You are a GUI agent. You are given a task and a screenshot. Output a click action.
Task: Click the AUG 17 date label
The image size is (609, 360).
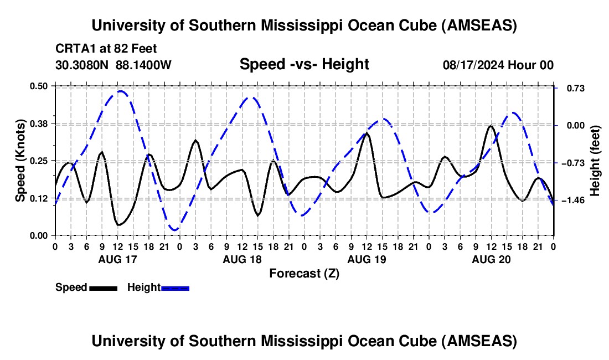pyautogui.click(x=117, y=259)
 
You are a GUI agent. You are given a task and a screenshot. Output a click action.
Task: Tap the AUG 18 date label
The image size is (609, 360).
pyautogui.click(x=241, y=259)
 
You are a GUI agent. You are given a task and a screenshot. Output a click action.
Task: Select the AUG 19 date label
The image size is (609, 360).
pyautogui.click(x=366, y=259)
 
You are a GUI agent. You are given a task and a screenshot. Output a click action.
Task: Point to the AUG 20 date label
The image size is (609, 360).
pyautogui.click(x=491, y=259)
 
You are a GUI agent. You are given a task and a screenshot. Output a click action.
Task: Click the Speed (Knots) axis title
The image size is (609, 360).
pyautogui.click(x=20, y=161)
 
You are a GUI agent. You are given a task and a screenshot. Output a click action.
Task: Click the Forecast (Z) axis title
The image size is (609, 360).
pyautogui.click(x=304, y=273)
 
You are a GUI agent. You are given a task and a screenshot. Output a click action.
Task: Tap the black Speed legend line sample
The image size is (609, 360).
pyautogui.click(x=103, y=288)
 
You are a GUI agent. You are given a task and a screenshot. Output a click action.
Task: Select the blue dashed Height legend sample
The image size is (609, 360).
pyautogui.click(x=175, y=288)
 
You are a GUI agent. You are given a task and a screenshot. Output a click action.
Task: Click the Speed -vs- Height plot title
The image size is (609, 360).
pyautogui.click(x=304, y=64)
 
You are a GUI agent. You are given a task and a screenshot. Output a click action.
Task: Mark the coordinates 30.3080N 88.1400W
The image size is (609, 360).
pyautogui.click(x=113, y=65)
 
